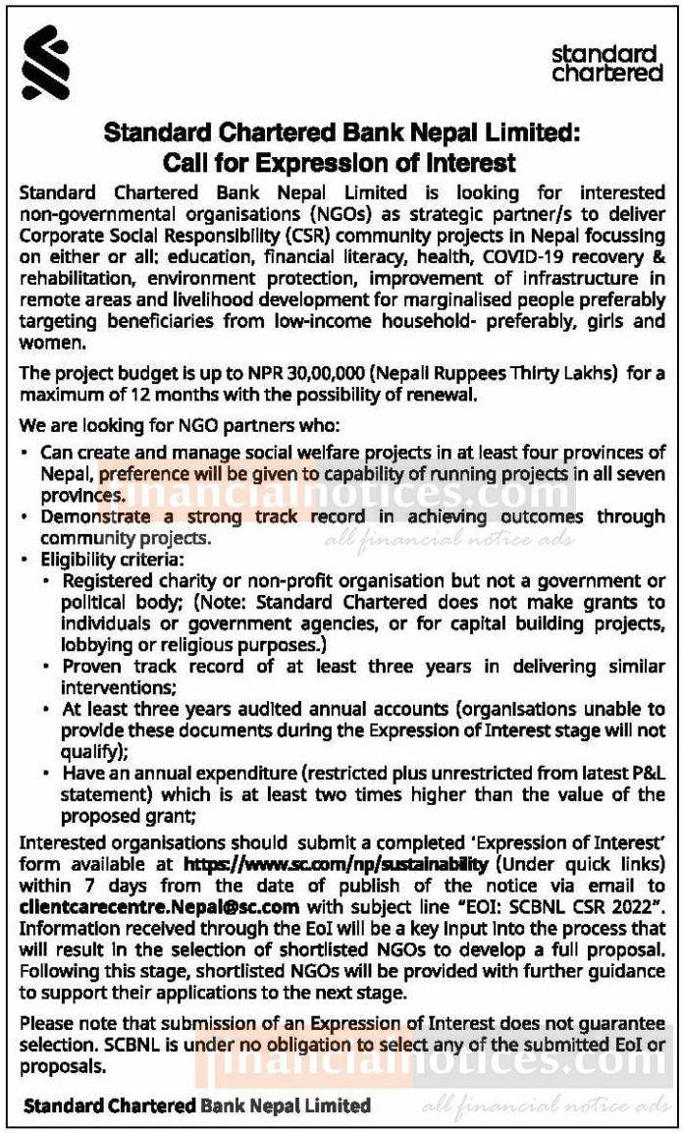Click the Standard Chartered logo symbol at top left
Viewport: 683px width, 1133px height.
(x=45, y=63)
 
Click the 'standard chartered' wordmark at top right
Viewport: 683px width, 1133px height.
(x=606, y=63)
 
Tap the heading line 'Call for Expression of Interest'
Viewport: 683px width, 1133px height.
(x=340, y=161)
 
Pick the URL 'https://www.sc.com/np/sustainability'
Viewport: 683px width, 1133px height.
(x=336, y=864)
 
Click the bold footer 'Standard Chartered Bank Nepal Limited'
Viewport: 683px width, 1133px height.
(x=197, y=1106)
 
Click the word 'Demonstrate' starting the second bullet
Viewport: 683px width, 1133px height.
(x=87, y=517)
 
